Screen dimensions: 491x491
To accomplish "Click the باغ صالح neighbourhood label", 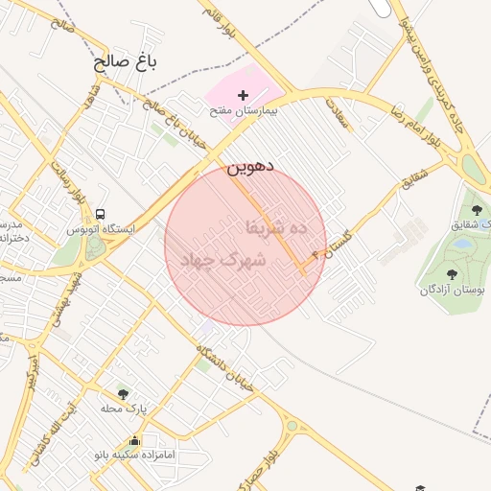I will click(x=125, y=63).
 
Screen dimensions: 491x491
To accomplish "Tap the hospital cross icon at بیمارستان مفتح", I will click(x=244, y=95).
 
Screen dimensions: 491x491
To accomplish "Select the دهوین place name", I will click(x=250, y=166).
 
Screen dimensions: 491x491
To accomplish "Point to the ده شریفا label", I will click(x=276, y=227).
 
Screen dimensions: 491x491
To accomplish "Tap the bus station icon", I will click(x=101, y=215).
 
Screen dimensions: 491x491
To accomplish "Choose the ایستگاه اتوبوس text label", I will click(x=102, y=230).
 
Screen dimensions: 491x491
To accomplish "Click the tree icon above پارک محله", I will click(x=123, y=393).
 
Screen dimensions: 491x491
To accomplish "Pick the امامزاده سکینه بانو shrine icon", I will click(x=133, y=441).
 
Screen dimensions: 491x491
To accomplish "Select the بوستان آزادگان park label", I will click(x=451, y=290).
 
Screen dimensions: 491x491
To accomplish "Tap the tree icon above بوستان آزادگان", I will click(x=452, y=274).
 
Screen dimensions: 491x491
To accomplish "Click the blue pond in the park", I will click(x=463, y=245).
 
